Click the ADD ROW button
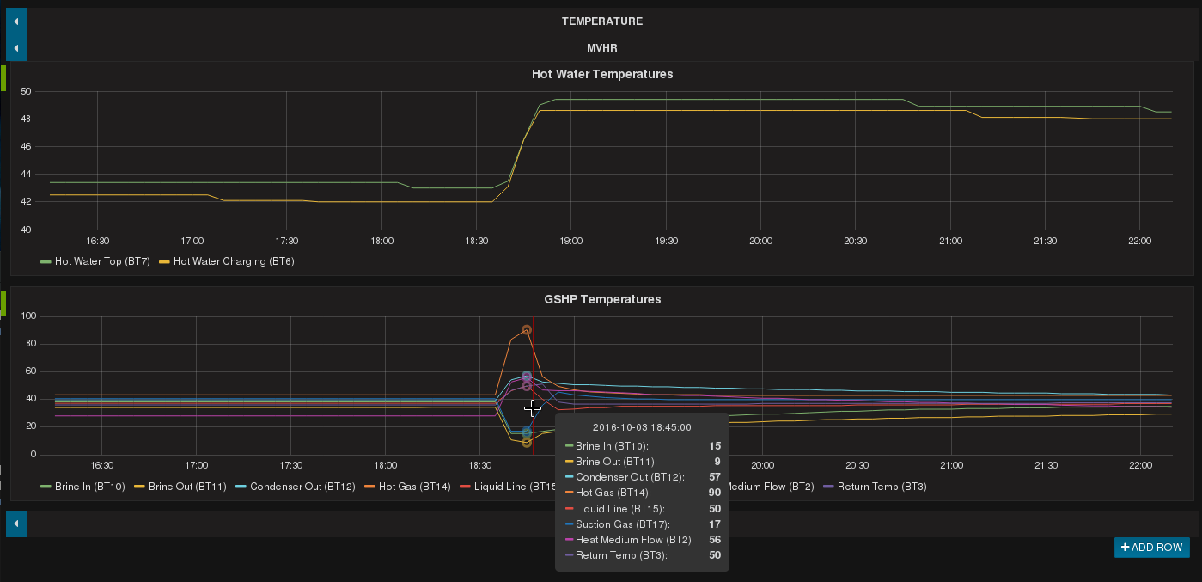click(x=1151, y=548)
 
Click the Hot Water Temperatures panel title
click(x=602, y=74)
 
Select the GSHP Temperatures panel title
click(x=602, y=299)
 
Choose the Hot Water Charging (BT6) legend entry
click(x=234, y=261)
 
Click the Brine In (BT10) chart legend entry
click(x=89, y=487)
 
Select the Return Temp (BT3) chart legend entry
click(x=882, y=487)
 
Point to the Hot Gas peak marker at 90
click(x=527, y=330)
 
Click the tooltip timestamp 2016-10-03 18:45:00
click(x=642, y=426)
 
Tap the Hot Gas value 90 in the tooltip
click(x=714, y=493)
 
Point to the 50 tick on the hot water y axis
click(x=26, y=91)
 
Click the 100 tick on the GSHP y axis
click(x=28, y=316)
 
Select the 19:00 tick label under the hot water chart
click(x=570, y=241)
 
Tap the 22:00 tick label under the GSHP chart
click(x=1140, y=465)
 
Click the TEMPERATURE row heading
click(x=602, y=21)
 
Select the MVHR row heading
click(x=602, y=47)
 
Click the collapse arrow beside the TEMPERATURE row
click(x=16, y=21)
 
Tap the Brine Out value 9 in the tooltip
click(x=717, y=462)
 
